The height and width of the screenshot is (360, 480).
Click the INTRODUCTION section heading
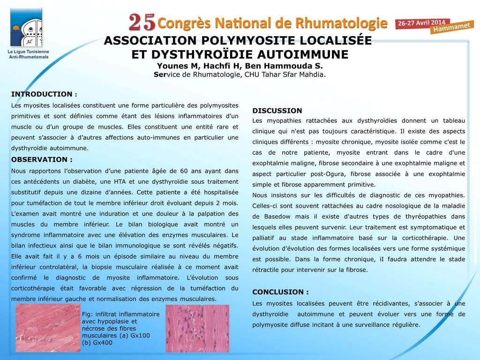[x=42, y=94]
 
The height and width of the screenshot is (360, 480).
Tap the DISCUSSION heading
[x=277, y=111]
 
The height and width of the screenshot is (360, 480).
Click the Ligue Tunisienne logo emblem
[x=26, y=27]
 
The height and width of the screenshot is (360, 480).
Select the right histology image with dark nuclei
[x=197, y=328]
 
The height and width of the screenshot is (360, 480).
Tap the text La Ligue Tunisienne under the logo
[x=28, y=51]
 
